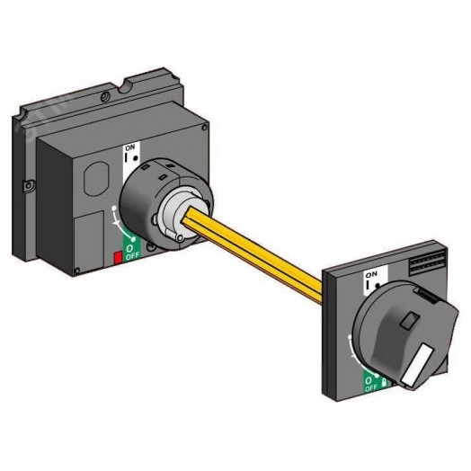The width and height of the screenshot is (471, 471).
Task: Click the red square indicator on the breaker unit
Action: [118, 257]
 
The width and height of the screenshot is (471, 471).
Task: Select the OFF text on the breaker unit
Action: [132, 256]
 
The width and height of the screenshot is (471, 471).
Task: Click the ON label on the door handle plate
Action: [371, 274]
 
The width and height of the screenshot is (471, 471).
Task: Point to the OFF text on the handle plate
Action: [370, 387]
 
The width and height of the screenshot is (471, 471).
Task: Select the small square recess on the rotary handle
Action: [410, 319]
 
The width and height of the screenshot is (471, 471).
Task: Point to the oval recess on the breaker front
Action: [96, 179]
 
